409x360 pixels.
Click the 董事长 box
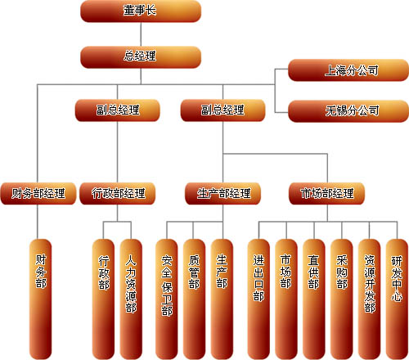pyautogui.click(x=141, y=11)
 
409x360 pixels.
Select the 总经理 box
pyautogui.click(x=141, y=57)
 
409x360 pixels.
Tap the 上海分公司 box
pyautogui.click(x=348, y=70)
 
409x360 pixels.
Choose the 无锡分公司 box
pyautogui.click(x=348, y=111)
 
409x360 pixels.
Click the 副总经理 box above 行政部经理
pyautogui.click(x=118, y=110)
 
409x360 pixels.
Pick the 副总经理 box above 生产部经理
pyautogui.click(x=222, y=110)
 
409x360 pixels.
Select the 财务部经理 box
pyautogui.click(x=38, y=194)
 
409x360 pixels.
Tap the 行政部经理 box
pyautogui.click(x=118, y=194)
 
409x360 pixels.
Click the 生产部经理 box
pyautogui.click(x=222, y=194)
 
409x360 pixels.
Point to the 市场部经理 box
pyautogui.click(x=327, y=194)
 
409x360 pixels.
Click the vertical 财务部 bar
pyautogui.click(x=40, y=299)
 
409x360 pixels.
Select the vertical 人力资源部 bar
pyautogui.click(x=131, y=299)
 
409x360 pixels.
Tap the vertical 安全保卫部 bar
pyautogui.click(x=166, y=299)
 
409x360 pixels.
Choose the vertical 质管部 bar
pyautogui.click(x=194, y=299)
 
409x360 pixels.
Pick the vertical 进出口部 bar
pyautogui.click(x=258, y=299)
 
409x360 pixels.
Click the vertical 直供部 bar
pyautogui.click(x=314, y=299)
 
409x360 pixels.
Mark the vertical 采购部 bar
pyautogui.click(x=342, y=299)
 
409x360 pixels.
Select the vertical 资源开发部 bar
pyautogui.click(x=370, y=299)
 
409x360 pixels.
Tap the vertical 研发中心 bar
pyautogui.click(x=398, y=299)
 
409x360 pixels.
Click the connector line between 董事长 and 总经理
pyautogui.click(x=141, y=34)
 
